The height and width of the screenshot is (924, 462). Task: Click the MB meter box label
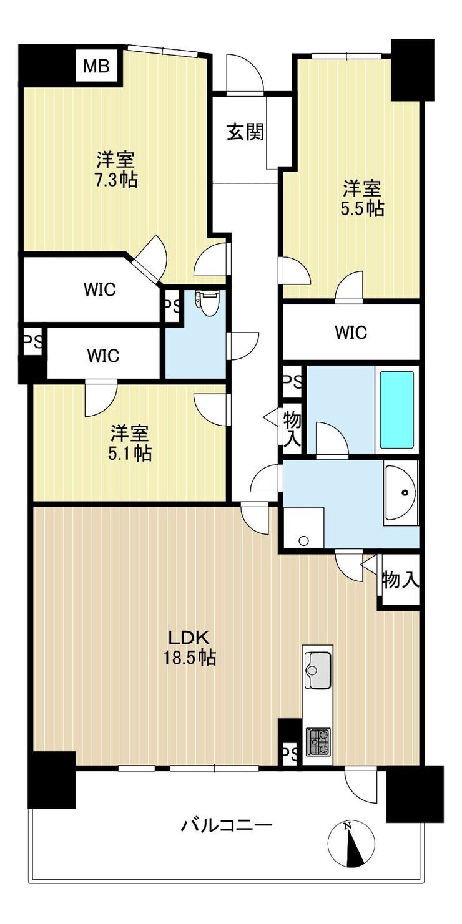96,66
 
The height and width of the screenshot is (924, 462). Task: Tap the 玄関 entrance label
245,132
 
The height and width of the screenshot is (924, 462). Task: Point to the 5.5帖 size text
363,209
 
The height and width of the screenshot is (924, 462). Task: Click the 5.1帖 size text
130,454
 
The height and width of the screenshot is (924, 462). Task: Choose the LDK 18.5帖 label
190,647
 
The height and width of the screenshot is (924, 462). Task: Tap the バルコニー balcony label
227,825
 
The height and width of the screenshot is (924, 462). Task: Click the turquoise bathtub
396,410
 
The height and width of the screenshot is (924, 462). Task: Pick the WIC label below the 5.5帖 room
351,332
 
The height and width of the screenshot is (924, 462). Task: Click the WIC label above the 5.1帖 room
103,355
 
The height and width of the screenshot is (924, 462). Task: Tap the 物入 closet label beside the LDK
400,580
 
